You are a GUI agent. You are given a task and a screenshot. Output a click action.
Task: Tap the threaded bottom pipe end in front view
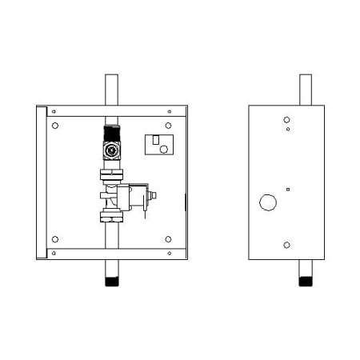110,280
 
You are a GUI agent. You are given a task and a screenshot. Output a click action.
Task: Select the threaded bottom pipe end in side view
305,280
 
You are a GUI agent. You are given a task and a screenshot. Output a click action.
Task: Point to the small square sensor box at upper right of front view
160,144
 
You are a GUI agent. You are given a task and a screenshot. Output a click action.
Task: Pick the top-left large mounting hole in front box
55,126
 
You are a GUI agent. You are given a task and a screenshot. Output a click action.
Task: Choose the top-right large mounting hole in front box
169,126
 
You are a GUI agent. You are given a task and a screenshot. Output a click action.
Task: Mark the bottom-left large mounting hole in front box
55,239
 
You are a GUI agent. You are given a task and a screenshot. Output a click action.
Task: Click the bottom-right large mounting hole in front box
169,239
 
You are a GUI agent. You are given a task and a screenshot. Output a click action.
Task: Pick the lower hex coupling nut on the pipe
110,216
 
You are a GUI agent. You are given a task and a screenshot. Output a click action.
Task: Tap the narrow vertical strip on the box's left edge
42,182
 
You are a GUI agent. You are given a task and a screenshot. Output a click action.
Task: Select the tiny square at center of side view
287,190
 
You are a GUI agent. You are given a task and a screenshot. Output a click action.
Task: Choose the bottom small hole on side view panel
287,245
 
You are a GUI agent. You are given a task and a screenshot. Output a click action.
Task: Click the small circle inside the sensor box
164,149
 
